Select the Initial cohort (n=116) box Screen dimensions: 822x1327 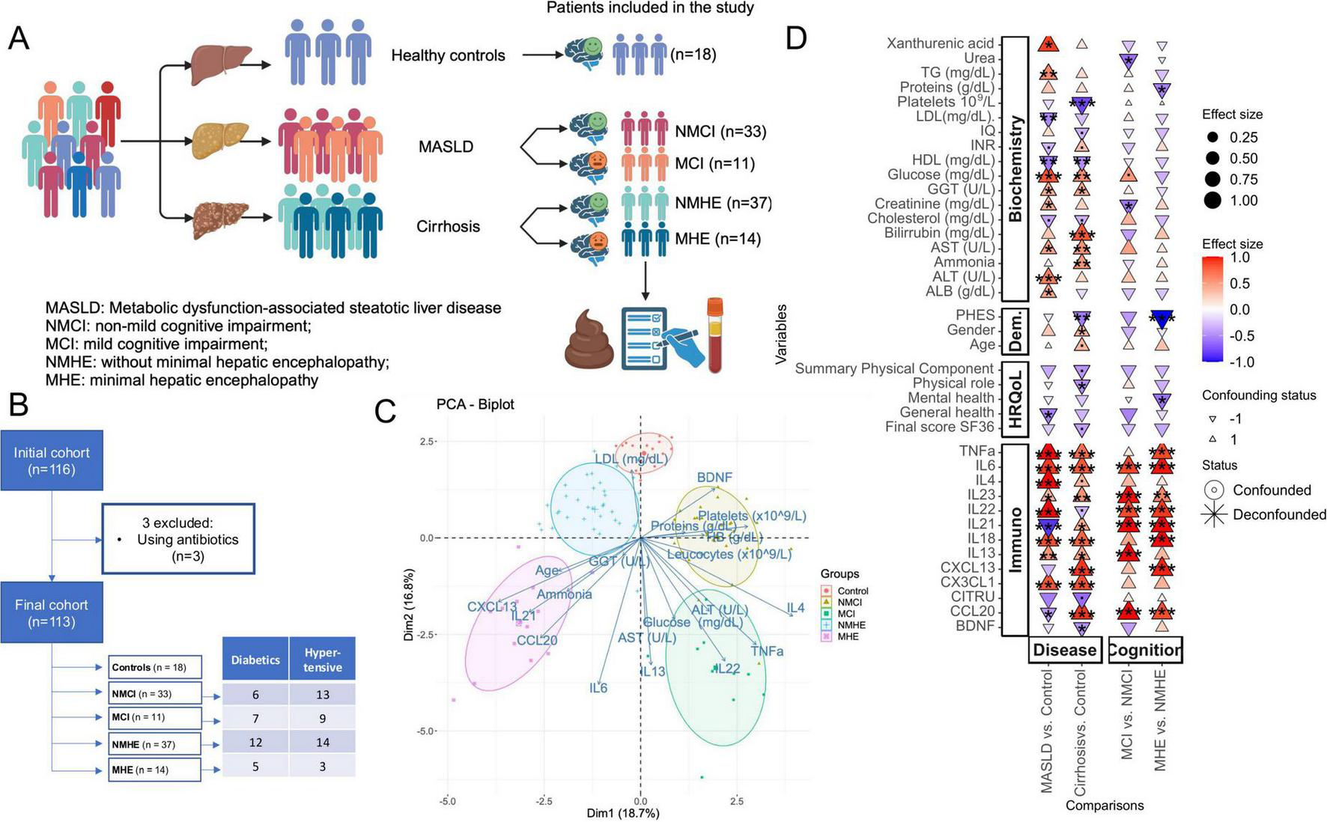pos(51,460)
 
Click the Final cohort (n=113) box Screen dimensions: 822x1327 pos(51,612)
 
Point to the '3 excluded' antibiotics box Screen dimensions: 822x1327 pos(178,539)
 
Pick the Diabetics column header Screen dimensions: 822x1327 pos(255,660)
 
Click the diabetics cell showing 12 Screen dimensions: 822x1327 pos(255,742)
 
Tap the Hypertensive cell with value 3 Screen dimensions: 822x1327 pos(323,766)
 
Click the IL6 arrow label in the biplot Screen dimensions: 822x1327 pos(598,688)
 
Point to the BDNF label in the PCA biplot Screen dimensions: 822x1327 pos(714,478)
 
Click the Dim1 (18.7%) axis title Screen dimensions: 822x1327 pos(622,813)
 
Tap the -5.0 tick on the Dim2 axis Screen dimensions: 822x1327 pos(426,731)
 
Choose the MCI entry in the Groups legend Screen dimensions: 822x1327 pos(845,613)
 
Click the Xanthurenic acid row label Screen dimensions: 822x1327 pos(940,43)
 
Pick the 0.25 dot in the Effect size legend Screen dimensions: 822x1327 pos(1213,138)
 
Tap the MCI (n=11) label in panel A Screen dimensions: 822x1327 pos(714,163)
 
